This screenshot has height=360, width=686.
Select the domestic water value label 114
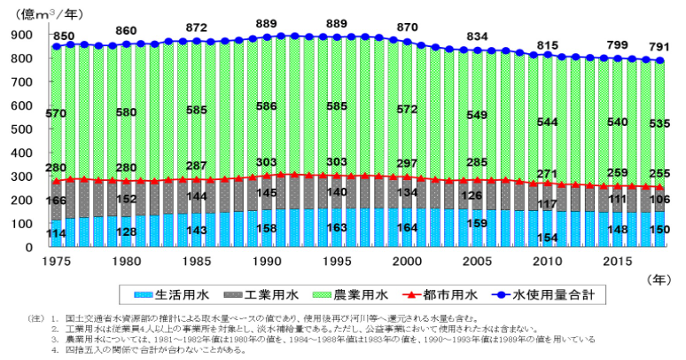[x=56, y=234]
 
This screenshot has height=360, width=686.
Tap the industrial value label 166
[x=56, y=203]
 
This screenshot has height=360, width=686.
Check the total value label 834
[x=477, y=36]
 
